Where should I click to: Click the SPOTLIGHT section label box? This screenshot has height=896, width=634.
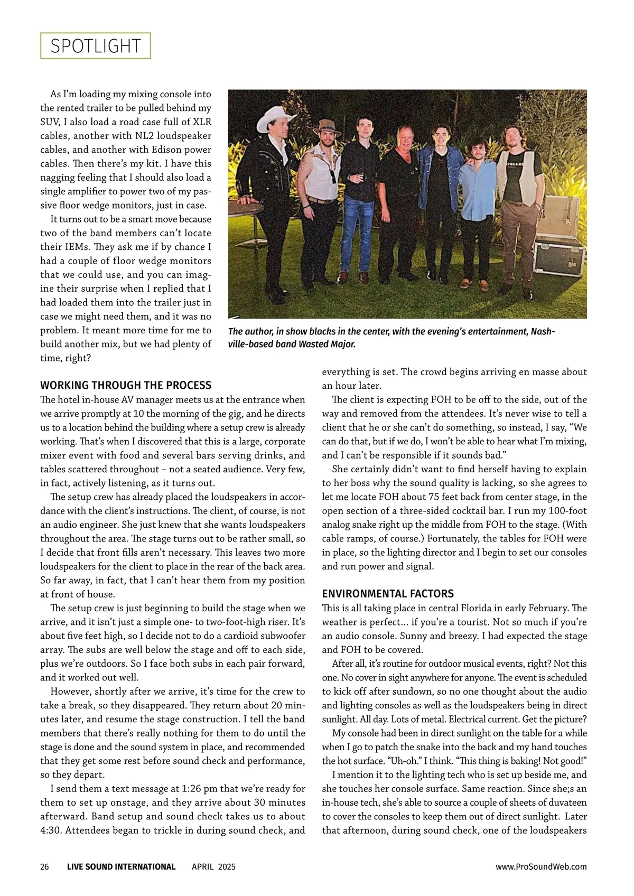pos(96,46)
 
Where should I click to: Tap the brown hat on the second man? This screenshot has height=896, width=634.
pos(327,127)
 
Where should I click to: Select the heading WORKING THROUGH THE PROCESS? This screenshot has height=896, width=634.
pos(126,385)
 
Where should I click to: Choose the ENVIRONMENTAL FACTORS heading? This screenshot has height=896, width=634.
pos(388,593)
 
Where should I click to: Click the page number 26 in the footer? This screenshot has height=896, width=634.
pos(45,866)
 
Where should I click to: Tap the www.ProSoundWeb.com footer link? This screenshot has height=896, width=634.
pos(541,866)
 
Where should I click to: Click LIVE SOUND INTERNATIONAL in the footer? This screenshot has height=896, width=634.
pos(121,866)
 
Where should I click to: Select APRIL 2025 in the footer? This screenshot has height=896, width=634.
pos(213,866)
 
